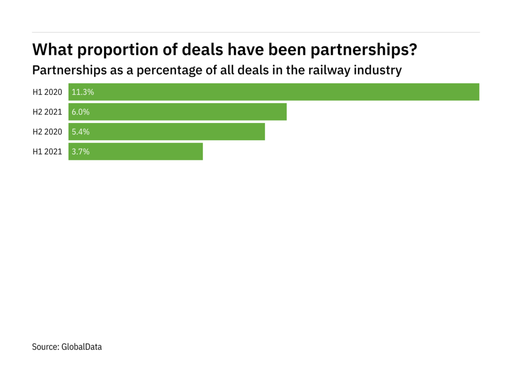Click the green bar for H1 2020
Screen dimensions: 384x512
[274, 92]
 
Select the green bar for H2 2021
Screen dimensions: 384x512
[178, 112]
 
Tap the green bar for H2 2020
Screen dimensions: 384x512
[167, 132]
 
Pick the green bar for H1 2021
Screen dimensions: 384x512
[136, 152]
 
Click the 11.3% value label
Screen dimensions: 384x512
[83, 92]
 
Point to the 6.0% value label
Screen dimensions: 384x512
[81, 112]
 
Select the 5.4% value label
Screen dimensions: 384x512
[81, 132]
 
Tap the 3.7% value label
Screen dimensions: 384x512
[81, 152]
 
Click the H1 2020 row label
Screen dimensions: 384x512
[47, 92]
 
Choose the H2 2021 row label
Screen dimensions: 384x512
[47, 112]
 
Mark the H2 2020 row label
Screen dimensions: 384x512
[47, 132]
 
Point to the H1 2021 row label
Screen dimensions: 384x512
[47, 152]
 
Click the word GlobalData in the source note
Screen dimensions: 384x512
[81, 346]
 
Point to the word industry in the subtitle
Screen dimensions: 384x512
[378, 70]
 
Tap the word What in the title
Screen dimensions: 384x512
[51, 50]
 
